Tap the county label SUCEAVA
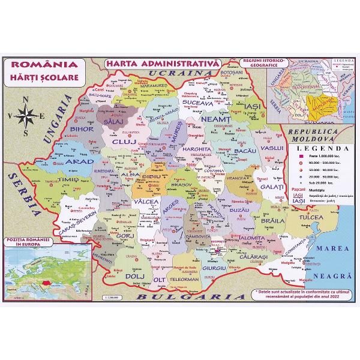[198, 103]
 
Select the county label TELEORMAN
[183, 279]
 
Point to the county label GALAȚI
[273, 188]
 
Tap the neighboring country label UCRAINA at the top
[169, 73]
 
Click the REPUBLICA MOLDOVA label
[318, 134]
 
